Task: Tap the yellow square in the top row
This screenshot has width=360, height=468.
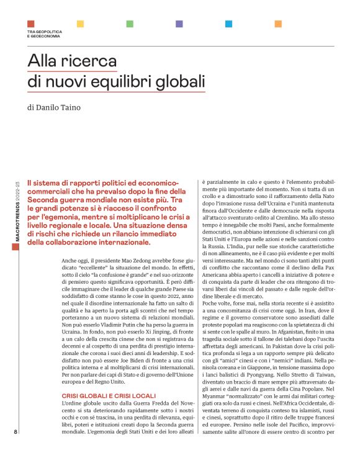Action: pyautogui.click(x=80, y=24)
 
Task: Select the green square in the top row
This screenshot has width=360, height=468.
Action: pyautogui.click(x=130, y=24)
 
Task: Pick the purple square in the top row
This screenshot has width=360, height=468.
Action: pyautogui.click(x=179, y=24)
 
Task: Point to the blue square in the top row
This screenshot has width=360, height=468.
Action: pyautogui.click(x=229, y=24)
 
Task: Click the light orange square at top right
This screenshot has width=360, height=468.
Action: pyautogui.click(x=279, y=24)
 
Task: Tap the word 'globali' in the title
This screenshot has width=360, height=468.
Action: pyautogui.click(x=183, y=83)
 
